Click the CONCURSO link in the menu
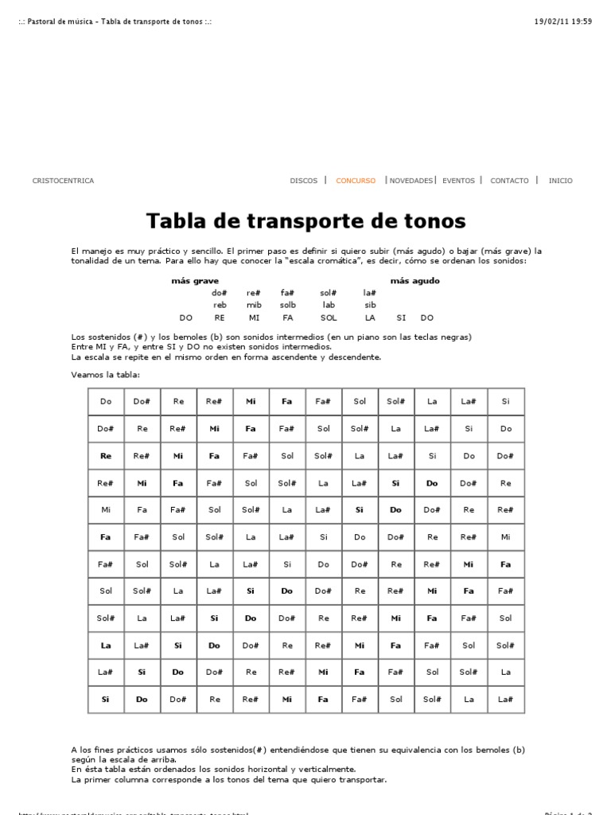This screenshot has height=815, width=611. pos(356,181)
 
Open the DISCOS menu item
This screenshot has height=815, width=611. pos(303,181)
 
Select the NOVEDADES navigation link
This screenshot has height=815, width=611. pos(411,181)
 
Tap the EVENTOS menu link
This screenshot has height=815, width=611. pos(458,181)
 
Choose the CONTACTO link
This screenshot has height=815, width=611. pos(509,181)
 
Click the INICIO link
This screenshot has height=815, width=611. pos(560,181)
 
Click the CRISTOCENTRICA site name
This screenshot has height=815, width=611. pos(63,181)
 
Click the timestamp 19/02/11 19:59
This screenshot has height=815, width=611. pos(563,21)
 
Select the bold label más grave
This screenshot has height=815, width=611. pos(195,281)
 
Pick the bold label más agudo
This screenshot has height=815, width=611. pos(414,281)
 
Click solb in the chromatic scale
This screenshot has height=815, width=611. pos(287,305)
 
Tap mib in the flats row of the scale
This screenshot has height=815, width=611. pos(254,305)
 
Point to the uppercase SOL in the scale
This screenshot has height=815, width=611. pos(329,318)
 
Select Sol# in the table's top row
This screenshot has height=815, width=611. pos(396,402)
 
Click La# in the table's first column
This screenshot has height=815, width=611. pos(106,673)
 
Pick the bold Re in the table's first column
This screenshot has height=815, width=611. pos(106,456)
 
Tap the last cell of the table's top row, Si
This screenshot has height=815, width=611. pos(505,402)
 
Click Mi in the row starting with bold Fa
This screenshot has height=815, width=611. pos(505,537)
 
